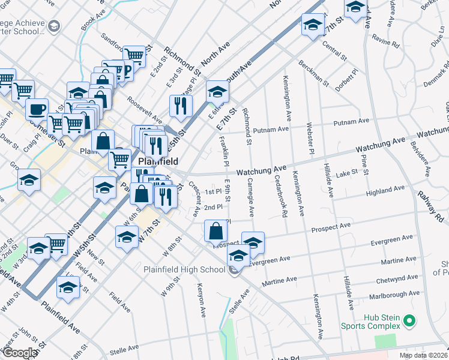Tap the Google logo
20,353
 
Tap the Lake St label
347,172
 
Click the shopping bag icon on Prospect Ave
215,231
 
